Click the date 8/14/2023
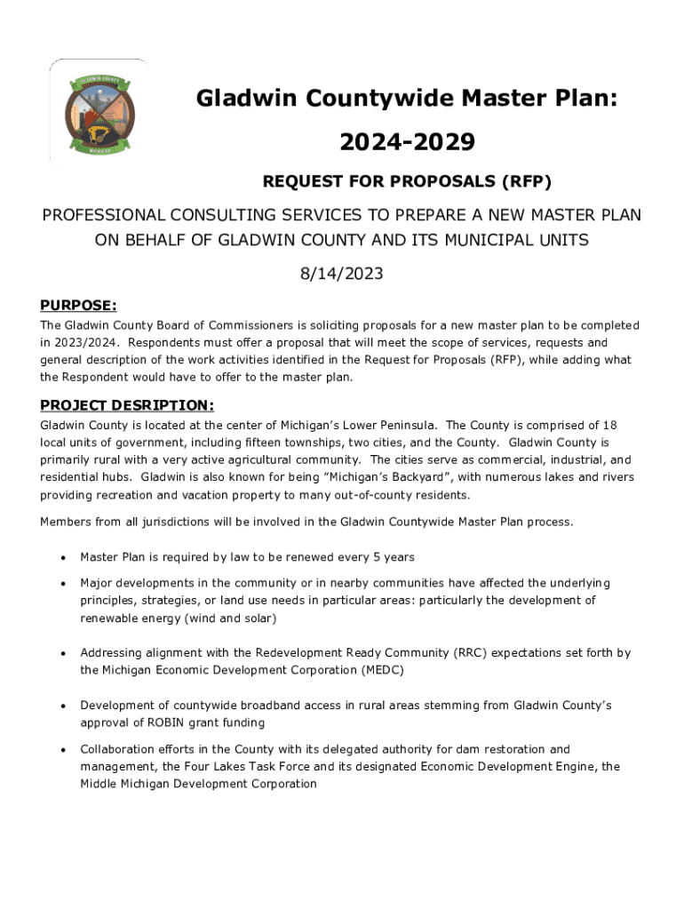[x=341, y=274]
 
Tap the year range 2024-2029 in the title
[x=407, y=141]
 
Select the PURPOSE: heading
[x=78, y=306]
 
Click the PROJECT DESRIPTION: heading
[x=127, y=406]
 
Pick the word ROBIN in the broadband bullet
[x=147, y=722]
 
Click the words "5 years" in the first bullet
[x=392, y=557]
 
